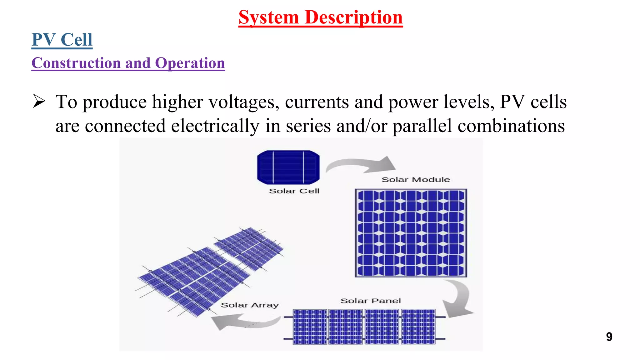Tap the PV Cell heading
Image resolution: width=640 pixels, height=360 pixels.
coord(62,40)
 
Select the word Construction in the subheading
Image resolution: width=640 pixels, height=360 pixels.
coord(76,63)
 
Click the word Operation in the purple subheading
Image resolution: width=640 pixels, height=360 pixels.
coord(190,63)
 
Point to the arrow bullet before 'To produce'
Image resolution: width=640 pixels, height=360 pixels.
coord(39,102)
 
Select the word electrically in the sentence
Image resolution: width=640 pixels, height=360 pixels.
coord(215,126)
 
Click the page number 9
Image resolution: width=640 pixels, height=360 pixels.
coord(609,337)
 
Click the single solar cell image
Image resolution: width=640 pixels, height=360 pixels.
coord(288,167)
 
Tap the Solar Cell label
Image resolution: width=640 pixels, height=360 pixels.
coord(294,191)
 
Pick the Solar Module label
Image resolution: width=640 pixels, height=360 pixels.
coord(415,180)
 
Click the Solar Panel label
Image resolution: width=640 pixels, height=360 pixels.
coord(370,301)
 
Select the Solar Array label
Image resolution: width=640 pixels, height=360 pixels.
coord(249,305)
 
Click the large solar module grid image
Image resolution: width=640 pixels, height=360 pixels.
coord(411,233)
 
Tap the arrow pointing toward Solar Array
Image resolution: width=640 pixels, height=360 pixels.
coord(244,322)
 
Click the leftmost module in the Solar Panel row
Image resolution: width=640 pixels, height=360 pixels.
coord(310,327)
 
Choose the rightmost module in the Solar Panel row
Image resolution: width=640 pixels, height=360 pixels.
coord(418,327)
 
